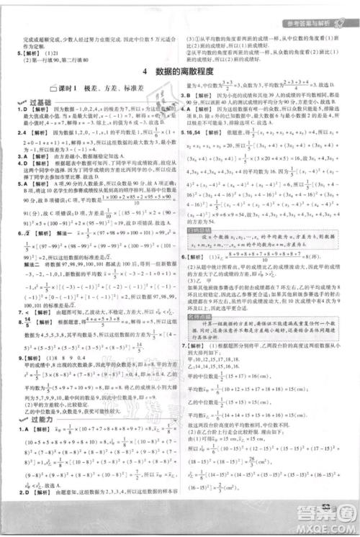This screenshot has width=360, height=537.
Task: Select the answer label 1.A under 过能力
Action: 10,428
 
